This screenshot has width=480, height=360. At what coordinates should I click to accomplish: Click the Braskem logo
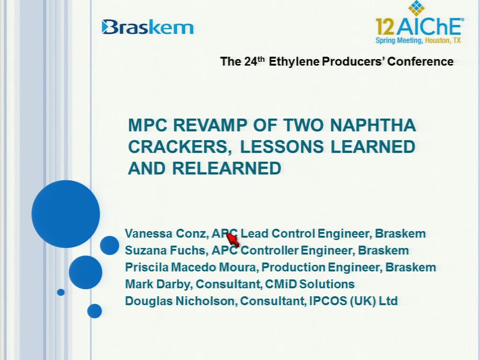click(x=148, y=27)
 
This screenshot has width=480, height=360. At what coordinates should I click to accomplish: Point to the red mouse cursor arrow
click(x=232, y=239)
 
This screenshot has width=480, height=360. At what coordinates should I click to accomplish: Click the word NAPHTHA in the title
click(x=373, y=125)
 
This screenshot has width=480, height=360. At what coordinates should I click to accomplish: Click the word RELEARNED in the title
click(x=226, y=168)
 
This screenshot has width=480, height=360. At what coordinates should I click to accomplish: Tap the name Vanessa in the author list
click(x=149, y=233)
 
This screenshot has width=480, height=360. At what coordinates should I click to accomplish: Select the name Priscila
click(x=147, y=267)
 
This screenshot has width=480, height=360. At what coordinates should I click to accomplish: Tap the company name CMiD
click(x=281, y=284)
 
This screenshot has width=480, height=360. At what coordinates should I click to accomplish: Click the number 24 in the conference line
click(x=251, y=61)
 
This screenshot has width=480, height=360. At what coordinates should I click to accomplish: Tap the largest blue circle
click(x=66, y=214)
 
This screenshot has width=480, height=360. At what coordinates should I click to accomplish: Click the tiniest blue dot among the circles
click(x=60, y=292)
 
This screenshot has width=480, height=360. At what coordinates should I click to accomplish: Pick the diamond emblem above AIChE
click(x=416, y=7)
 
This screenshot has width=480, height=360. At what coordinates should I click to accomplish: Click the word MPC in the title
click(x=148, y=125)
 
